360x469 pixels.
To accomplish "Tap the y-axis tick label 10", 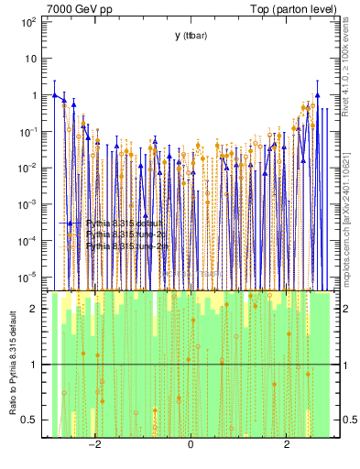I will (30, 58).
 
